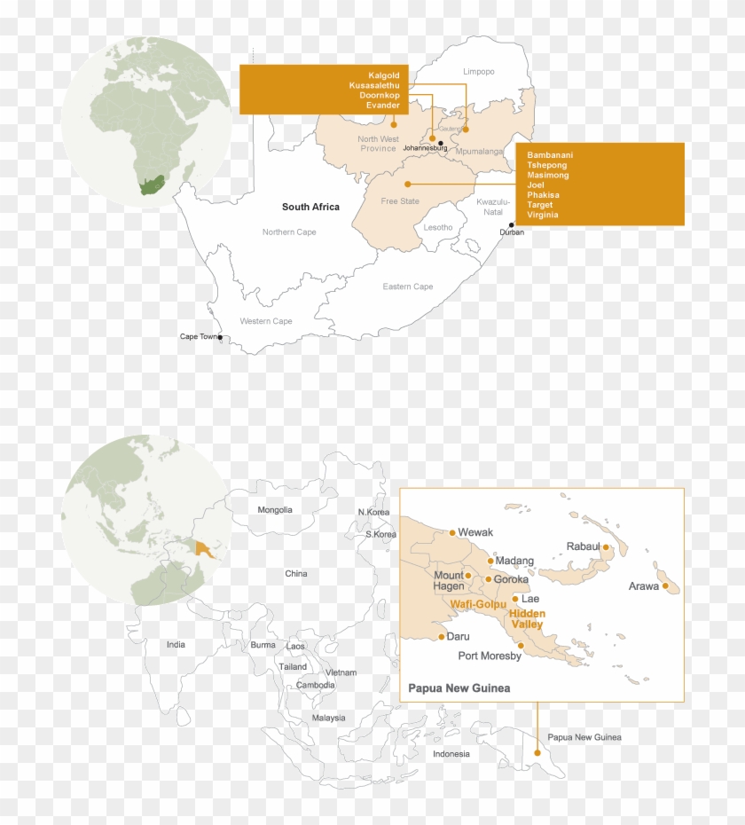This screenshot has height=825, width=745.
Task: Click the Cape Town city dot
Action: tap(220, 337)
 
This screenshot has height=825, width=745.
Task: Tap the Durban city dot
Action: tap(511, 224)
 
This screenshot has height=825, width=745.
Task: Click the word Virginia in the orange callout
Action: tap(543, 215)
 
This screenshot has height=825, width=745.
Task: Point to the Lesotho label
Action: tap(438, 227)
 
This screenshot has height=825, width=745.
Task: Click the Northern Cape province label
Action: tap(289, 232)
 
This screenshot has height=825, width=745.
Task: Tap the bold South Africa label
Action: tap(310, 207)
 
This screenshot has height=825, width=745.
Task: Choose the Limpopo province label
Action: tap(479, 71)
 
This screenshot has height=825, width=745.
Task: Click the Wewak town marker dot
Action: tap(452, 533)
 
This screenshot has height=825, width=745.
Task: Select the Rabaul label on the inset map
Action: tap(583, 546)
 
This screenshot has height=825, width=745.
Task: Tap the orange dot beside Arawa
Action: tap(665, 585)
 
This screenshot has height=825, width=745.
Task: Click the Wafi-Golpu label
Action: tap(478, 604)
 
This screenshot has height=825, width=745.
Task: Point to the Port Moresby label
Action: tap(490, 656)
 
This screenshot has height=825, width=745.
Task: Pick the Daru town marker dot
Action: tap(442, 637)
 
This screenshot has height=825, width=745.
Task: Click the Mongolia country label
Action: tap(275, 510)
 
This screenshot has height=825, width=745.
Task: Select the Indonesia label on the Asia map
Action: tap(451, 754)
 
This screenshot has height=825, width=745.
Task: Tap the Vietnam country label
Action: tap(341, 673)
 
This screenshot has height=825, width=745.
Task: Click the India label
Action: tap(176, 644)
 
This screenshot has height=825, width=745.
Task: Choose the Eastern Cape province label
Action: tap(408, 287)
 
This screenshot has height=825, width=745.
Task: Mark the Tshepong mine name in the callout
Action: tap(546, 165)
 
